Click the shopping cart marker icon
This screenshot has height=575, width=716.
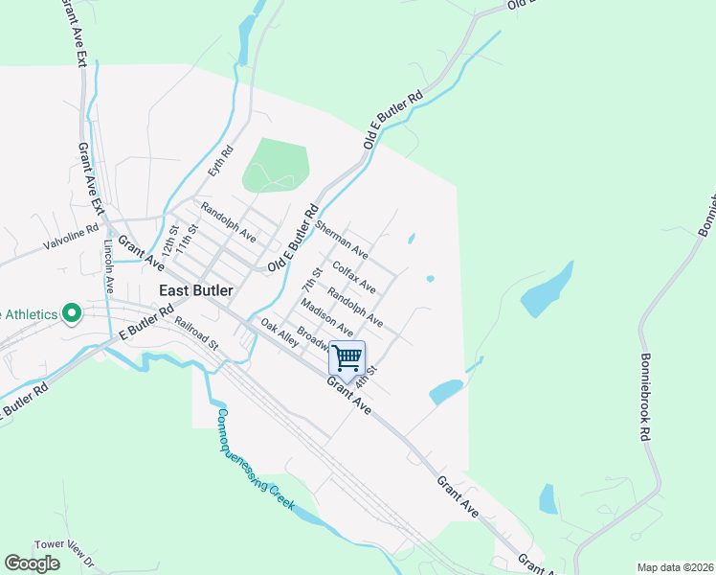347,358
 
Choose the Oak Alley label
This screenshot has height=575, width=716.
280,333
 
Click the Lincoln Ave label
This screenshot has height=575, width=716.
108,265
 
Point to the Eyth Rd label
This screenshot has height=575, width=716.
220,160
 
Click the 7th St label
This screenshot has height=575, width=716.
308,282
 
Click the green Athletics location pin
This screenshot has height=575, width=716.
71,314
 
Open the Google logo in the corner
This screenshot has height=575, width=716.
32,563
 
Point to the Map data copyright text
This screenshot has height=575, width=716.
676,567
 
